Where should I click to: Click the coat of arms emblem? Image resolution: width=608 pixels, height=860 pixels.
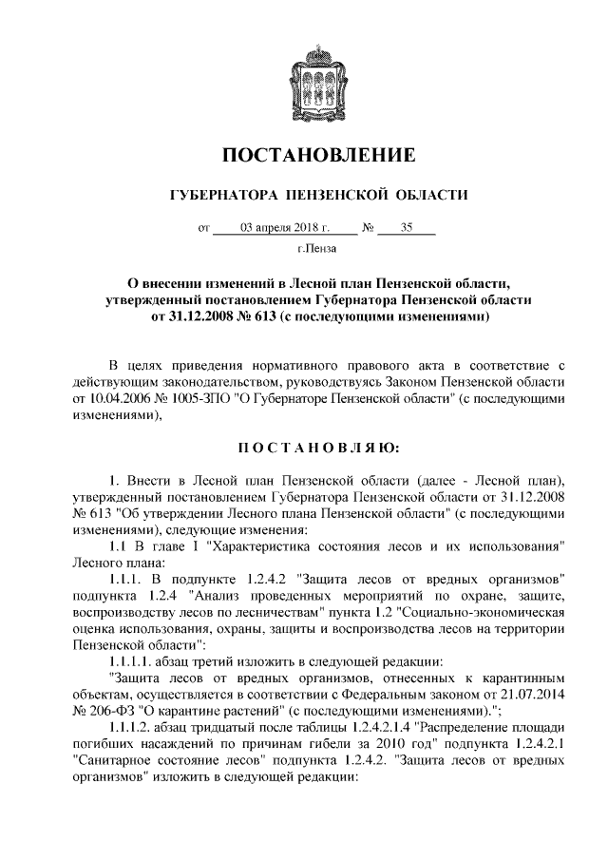tap(304, 82)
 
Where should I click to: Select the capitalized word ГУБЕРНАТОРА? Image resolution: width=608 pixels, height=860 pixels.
tap(218, 195)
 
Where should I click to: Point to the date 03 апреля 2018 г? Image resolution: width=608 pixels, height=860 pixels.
tap(284, 228)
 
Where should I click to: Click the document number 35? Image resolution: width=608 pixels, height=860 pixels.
tap(407, 228)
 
